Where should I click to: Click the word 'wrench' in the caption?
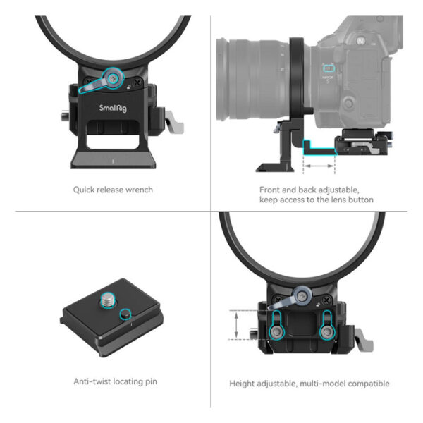(138, 190)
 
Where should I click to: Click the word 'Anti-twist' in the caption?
(92, 381)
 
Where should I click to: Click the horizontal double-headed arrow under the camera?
(319, 167)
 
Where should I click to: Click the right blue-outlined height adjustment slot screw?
(328, 326)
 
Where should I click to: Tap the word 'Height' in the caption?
(243, 384)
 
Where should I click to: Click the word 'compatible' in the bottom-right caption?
(367, 384)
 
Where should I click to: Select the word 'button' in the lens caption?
(357, 200)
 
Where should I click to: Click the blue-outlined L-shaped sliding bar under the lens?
(315, 146)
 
